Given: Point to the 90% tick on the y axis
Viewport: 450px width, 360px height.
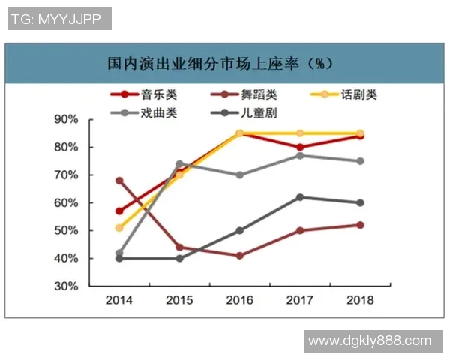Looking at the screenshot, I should [x=67, y=119].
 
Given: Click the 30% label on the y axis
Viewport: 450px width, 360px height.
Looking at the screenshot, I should [x=67, y=286].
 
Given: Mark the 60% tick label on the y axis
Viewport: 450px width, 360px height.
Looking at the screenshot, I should [x=67, y=202].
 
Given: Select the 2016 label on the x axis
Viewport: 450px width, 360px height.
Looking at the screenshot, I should [x=239, y=300].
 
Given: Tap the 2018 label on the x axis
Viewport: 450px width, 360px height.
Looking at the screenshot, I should [x=360, y=300].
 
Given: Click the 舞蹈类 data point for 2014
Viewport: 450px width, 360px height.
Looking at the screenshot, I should [x=119, y=181].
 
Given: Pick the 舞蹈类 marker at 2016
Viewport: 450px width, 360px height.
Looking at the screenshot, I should [x=239, y=256].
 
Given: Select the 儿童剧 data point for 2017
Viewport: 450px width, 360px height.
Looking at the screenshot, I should [x=300, y=197].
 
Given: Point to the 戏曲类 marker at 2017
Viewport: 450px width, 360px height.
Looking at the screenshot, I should [x=300, y=155].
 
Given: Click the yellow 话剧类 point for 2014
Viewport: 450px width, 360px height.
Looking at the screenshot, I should [x=119, y=228].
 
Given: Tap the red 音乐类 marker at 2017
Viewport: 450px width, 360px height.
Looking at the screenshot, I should [x=300, y=148].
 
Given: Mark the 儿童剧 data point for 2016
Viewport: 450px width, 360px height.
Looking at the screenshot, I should [x=239, y=231].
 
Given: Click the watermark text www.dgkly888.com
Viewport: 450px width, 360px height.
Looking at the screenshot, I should [x=370, y=340].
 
